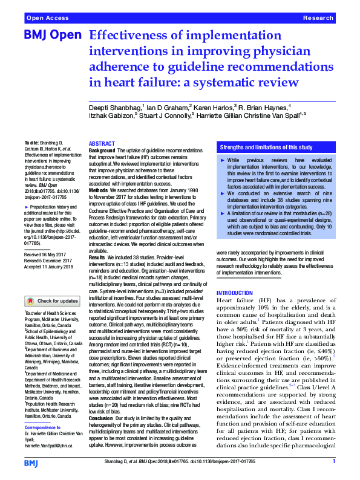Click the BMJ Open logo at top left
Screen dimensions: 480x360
[x=53, y=36]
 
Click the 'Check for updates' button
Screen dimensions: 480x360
[x=52, y=300]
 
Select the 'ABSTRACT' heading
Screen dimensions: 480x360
[x=102, y=143]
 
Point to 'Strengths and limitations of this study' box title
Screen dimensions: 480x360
[x=266, y=147]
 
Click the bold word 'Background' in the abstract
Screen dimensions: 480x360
[x=102, y=150]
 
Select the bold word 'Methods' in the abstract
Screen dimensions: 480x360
[x=99, y=189]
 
